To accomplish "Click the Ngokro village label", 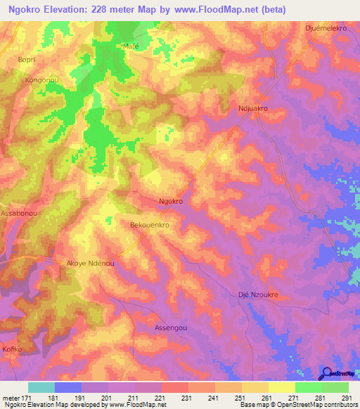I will (171, 201).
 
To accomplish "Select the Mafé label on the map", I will (131, 46).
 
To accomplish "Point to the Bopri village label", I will (27, 60).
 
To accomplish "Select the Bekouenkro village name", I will (151, 226).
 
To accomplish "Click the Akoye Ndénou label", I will (89, 263).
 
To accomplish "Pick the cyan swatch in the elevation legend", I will (41, 387).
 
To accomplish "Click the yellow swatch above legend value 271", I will (281, 387).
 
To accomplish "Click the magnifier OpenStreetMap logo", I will (328, 374).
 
